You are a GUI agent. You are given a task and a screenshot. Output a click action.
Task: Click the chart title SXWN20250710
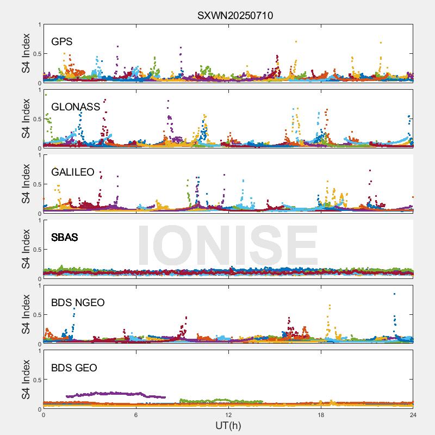(235, 16)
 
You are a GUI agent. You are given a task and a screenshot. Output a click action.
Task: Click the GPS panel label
(62, 41)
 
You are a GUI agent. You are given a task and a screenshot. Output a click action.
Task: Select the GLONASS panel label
(76, 107)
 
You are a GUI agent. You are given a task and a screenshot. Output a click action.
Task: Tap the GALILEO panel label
(73, 172)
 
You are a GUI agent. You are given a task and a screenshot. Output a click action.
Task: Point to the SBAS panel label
(65, 237)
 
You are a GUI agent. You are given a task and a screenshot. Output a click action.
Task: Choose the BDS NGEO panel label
(78, 302)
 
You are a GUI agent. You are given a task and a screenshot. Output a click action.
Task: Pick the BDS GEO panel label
(74, 368)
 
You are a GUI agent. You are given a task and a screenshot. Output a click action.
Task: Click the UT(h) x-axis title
(228, 425)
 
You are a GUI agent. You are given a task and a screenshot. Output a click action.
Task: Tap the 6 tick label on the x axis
(136, 415)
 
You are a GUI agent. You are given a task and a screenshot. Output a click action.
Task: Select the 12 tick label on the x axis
(228, 415)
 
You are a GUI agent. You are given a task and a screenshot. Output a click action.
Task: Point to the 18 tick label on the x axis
(321, 415)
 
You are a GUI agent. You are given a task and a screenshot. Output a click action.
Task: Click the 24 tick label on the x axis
(413, 415)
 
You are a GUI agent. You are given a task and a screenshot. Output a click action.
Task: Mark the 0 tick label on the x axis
(43, 415)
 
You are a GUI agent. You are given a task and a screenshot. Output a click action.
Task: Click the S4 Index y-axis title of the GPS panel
(26, 53)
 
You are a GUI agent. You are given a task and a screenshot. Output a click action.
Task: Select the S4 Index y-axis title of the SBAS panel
(26, 249)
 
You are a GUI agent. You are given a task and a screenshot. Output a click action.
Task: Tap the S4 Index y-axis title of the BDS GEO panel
(26, 380)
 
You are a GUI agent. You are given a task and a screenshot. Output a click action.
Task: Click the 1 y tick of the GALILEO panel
(39, 155)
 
